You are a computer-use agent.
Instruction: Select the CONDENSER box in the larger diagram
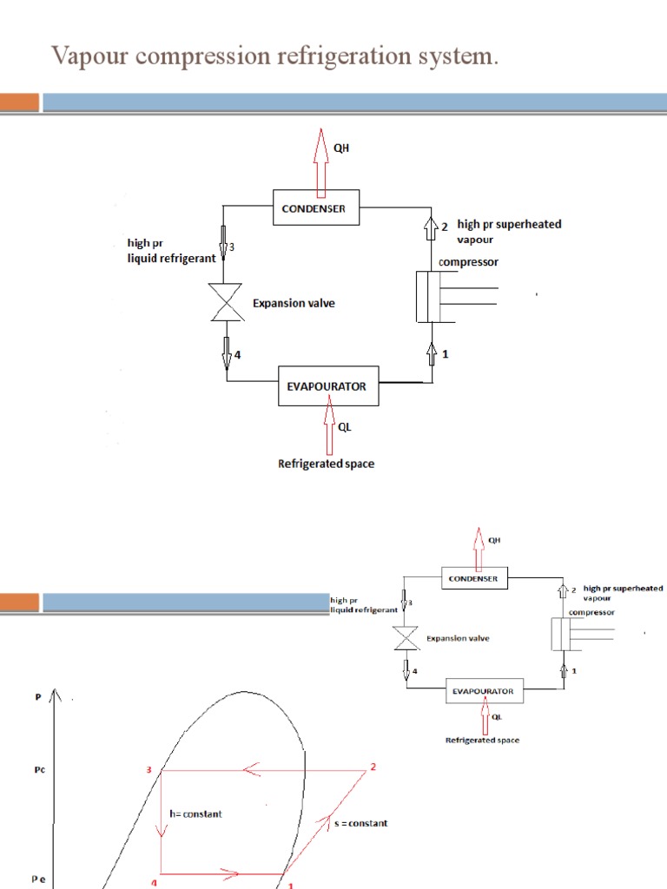pos(314,208)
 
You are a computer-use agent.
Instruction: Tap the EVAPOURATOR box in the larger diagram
pos(327,387)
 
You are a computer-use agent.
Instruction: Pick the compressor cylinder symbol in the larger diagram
pos(432,297)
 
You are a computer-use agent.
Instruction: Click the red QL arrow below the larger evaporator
pos(327,426)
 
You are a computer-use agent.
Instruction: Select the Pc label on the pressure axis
pos(39,768)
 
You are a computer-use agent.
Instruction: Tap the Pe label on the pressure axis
pos(39,879)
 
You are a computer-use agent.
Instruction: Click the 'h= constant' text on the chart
pos(196,813)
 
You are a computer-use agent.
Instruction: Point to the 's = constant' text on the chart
pos(360,822)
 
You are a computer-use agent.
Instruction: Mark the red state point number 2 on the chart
pos(373,767)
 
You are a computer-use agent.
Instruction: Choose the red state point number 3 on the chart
pos(149,769)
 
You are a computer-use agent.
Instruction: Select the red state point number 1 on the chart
pos(291,886)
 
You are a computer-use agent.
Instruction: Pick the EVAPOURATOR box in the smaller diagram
pos(484,691)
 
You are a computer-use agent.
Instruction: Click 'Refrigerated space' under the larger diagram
pos(327,464)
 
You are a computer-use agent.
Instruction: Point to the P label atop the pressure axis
pos(37,696)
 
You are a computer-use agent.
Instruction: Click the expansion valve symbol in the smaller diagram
pos(402,639)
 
